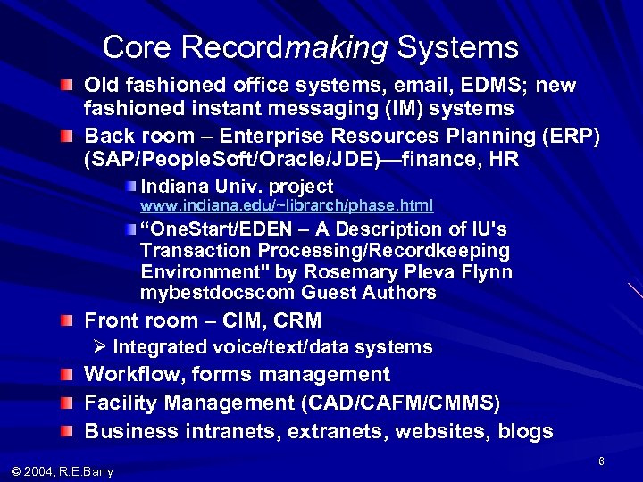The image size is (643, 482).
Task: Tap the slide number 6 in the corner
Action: click(603, 459)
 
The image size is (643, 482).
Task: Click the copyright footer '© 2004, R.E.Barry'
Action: click(63, 470)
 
